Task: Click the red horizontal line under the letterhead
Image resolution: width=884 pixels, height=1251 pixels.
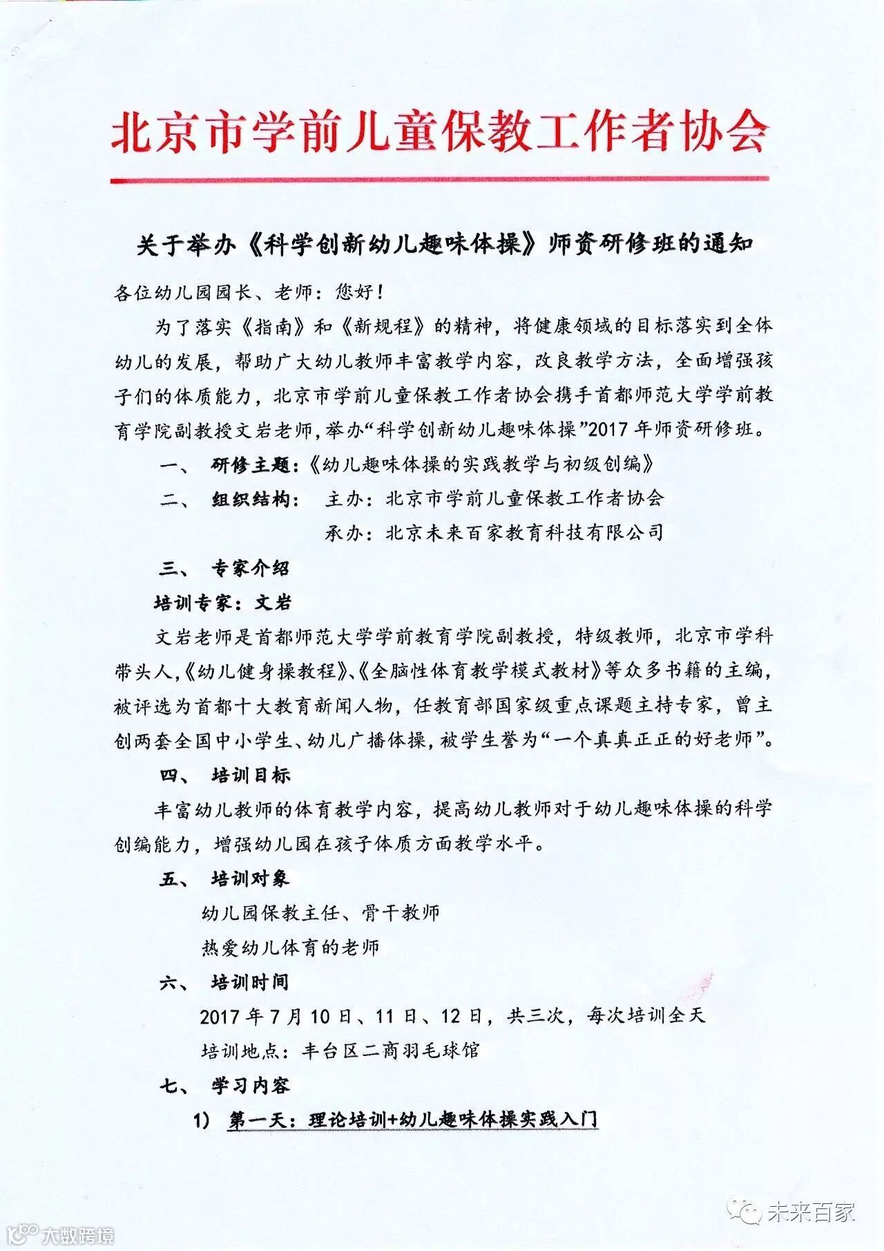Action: [x=440, y=180]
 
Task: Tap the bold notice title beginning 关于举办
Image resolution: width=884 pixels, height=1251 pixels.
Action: [x=443, y=245]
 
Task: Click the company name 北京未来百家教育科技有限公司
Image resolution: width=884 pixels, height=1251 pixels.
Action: [x=525, y=533]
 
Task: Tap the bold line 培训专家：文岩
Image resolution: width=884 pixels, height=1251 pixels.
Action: [x=223, y=603]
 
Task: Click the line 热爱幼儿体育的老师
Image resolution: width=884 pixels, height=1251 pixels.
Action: [x=291, y=948]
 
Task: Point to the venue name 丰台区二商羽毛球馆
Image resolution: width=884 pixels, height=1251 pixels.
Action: [x=391, y=1051]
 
